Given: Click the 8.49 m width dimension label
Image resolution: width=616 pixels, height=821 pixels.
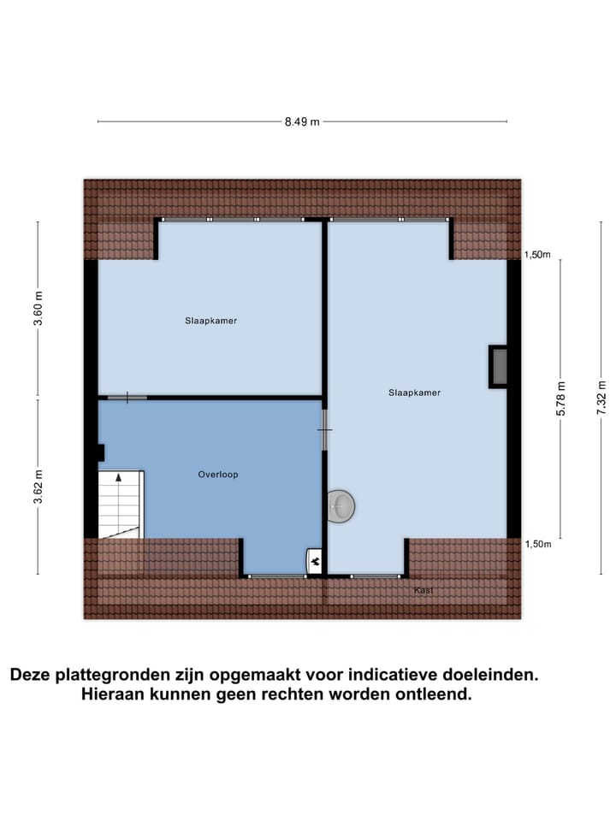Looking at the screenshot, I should (x=302, y=121).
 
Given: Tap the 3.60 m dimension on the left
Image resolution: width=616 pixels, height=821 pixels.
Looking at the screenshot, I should (x=38, y=309).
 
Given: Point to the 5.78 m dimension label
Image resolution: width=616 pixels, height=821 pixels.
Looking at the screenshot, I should (x=561, y=399).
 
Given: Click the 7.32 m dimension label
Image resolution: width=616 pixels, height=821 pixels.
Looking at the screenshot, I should (x=601, y=397).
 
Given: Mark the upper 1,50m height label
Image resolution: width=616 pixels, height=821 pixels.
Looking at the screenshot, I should (x=538, y=255).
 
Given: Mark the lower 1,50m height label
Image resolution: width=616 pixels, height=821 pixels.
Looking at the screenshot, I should (x=538, y=544).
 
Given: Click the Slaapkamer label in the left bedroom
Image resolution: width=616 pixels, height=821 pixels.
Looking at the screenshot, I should (x=210, y=322).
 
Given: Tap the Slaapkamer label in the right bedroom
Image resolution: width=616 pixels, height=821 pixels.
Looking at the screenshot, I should (x=414, y=393).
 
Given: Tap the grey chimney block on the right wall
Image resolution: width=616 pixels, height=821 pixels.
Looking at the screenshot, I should (x=498, y=366).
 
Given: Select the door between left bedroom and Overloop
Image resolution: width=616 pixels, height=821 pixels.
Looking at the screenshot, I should (x=127, y=398).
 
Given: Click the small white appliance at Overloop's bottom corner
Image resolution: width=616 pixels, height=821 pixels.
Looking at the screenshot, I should (x=315, y=561).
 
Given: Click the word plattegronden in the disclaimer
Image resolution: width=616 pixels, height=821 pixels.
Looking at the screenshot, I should (x=113, y=675).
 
